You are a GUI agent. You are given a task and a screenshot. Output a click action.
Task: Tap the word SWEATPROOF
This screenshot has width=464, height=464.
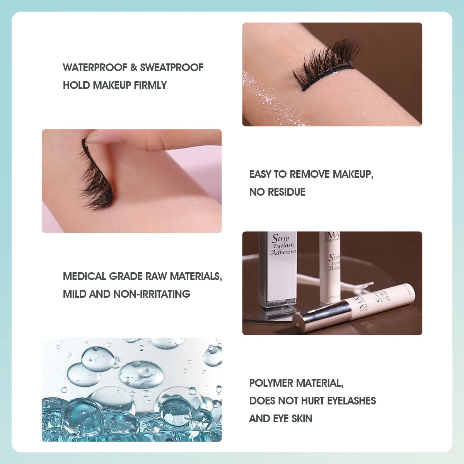[172, 67]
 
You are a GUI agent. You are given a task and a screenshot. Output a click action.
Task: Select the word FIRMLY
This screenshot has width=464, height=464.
[150, 85]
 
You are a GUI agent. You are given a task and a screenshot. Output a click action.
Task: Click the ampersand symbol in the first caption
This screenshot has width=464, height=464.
[134, 67]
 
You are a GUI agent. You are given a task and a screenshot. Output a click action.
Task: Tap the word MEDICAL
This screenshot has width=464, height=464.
[84, 276]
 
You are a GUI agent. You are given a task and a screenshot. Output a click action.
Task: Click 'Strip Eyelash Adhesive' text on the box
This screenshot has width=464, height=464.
[283, 245]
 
